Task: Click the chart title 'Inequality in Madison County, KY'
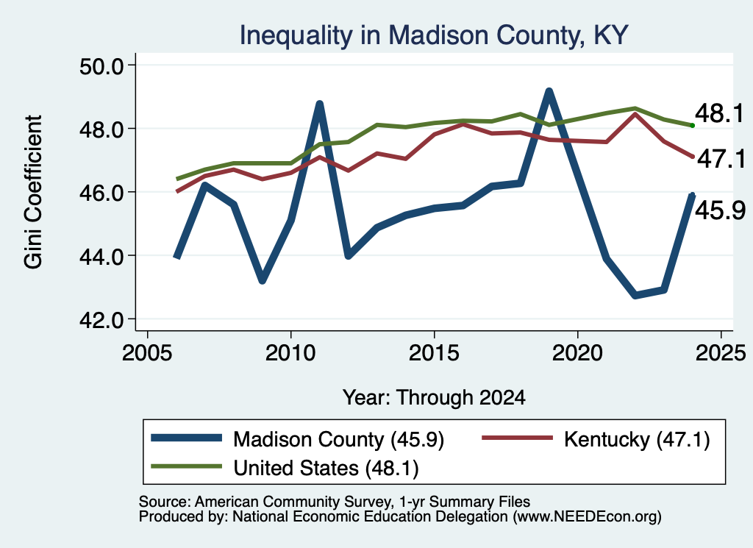point(434,35)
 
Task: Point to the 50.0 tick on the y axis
point(101,65)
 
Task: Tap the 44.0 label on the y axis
point(101,256)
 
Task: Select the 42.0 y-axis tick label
point(101,319)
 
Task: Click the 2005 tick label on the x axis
point(147,353)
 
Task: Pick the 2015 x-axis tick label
point(434,353)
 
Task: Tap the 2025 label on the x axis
point(721,353)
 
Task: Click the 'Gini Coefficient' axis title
point(33,192)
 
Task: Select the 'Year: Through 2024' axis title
point(434,398)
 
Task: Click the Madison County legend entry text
point(338,439)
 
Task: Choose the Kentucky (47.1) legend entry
point(637,439)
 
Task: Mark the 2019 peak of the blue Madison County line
point(549,91)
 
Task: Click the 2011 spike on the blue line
point(319,104)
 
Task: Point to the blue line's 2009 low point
point(263,280)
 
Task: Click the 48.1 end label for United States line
point(719,113)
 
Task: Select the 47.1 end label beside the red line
point(721,159)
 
